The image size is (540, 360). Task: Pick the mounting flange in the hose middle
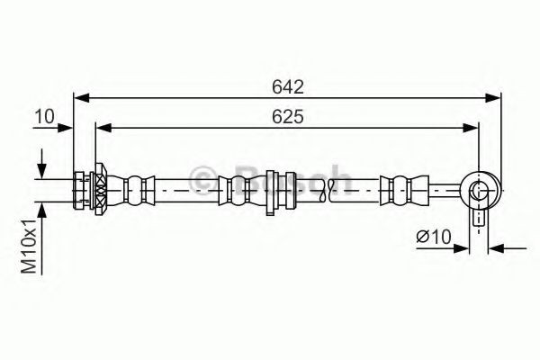click(x=271, y=191)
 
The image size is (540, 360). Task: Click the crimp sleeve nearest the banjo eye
click(x=400, y=189)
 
